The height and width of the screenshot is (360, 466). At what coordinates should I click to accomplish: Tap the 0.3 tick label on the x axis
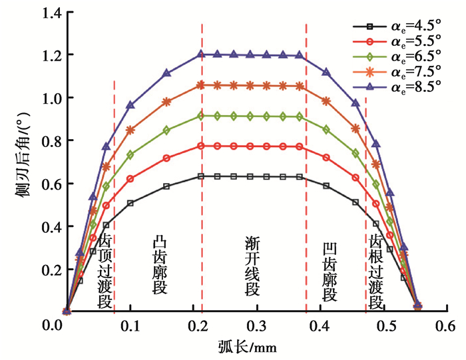256,325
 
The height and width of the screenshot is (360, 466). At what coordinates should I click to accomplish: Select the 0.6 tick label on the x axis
445,325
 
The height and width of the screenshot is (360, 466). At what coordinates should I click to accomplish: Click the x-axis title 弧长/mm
246,347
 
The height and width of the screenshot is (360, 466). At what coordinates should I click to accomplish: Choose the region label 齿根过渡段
376,270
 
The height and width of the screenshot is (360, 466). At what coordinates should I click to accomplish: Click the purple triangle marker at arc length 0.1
130,105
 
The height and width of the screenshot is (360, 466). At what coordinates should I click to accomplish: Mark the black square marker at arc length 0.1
130,203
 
